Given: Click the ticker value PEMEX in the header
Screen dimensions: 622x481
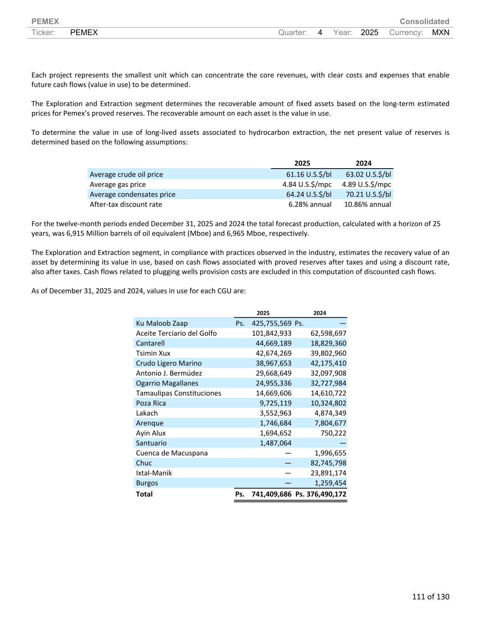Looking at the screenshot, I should tap(84, 32).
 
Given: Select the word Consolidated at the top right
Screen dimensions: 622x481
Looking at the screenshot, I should tap(424, 21).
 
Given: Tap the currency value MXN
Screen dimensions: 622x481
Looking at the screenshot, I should tap(440, 32).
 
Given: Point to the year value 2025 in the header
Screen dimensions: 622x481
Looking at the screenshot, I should tap(369, 32).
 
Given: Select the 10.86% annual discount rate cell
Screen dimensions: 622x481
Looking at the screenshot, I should tap(367, 204).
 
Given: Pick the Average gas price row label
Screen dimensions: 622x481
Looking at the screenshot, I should tap(118, 185).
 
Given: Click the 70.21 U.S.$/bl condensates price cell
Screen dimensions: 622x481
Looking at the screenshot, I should tap(368, 195).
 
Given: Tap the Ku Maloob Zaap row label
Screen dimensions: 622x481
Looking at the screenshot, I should tap(162, 323).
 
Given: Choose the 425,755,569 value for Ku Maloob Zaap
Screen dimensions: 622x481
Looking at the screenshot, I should tap(271, 323).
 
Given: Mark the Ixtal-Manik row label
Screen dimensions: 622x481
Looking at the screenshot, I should tap(154, 473).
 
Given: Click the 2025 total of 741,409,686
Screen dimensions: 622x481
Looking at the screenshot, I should tap(271, 494).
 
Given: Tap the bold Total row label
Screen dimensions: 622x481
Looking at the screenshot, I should tap(144, 494).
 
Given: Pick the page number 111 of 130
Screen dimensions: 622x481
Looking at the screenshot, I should tap(430, 596).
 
